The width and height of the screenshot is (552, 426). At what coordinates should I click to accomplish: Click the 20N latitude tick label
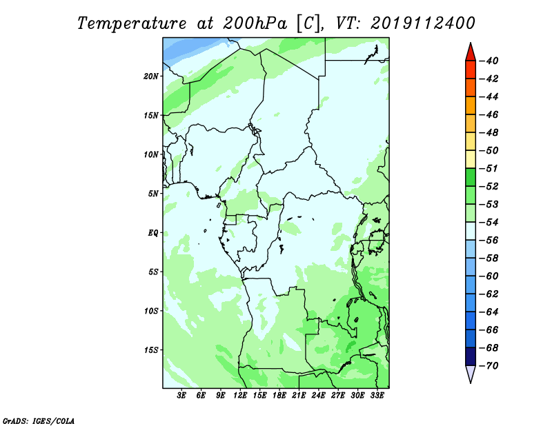pyautogui.click(x=151, y=77)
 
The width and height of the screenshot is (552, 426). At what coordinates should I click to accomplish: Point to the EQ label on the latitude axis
pyautogui.click(x=153, y=233)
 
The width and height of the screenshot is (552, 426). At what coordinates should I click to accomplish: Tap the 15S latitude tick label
pyautogui.click(x=151, y=350)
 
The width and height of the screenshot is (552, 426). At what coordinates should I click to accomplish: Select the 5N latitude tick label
pyautogui.click(x=153, y=194)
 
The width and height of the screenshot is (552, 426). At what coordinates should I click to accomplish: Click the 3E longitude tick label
pyautogui.click(x=181, y=395)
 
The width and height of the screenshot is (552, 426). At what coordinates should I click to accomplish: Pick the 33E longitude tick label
pyautogui.click(x=377, y=395)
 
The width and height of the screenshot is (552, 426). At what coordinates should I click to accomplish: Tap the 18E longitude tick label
pyautogui.click(x=279, y=395)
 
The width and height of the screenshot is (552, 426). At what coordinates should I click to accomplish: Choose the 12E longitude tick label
pyautogui.click(x=240, y=395)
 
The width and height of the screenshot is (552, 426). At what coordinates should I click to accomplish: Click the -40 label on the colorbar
pyautogui.click(x=489, y=61)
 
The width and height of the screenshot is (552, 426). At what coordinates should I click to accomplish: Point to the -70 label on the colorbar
pyautogui.click(x=489, y=366)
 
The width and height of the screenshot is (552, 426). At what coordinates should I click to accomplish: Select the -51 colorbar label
pyautogui.click(x=489, y=168)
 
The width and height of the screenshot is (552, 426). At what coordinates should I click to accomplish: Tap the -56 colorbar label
pyautogui.click(x=489, y=241)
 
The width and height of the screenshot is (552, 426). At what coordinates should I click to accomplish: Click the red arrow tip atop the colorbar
pyautogui.click(x=471, y=43)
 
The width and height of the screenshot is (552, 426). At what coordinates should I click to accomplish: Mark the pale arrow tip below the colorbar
pyautogui.click(x=471, y=383)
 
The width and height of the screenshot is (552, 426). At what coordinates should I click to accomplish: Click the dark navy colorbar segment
pyautogui.click(x=471, y=356)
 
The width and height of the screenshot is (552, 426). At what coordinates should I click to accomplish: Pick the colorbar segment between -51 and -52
pyautogui.click(x=471, y=177)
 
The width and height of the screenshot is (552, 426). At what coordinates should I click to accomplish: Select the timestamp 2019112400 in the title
pyautogui.click(x=423, y=23)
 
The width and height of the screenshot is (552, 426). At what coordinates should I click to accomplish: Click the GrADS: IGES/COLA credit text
pyautogui.click(x=39, y=420)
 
